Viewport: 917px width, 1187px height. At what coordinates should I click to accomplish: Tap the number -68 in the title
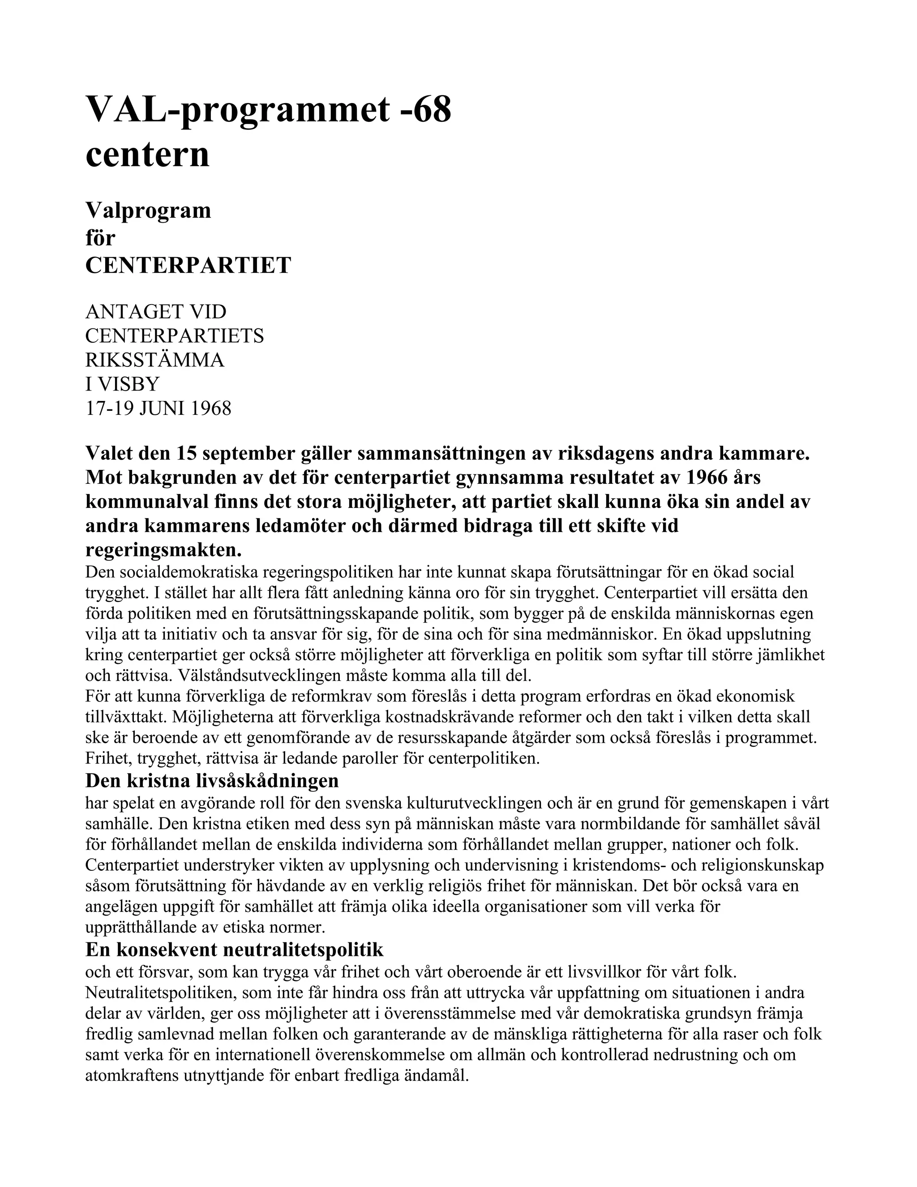point(425,109)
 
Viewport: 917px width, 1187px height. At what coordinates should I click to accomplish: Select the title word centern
point(147,155)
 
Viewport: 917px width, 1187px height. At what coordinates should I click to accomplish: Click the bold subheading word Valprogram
point(148,211)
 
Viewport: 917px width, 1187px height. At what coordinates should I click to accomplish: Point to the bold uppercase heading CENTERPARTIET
point(188,265)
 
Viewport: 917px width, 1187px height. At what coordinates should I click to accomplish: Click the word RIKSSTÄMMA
point(155,360)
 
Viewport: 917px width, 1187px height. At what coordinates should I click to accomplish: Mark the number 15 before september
point(188,453)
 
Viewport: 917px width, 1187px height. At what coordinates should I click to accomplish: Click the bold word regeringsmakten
point(163,550)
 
